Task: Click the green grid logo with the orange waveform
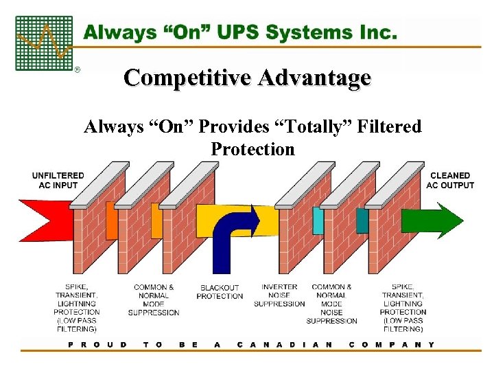[x=43, y=43]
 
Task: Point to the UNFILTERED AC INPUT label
[x=58, y=180]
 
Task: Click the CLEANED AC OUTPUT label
[x=450, y=180]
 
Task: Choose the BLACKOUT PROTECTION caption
[x=220, y=292]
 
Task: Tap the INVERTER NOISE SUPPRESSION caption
[x=279, y=295]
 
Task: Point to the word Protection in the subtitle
[x=252, y=149]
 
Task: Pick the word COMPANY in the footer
[x=391, y=344]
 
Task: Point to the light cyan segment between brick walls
[x=318, y=221]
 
